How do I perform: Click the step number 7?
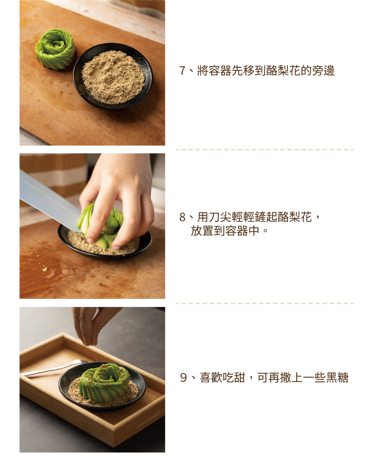click(x=182, y=71)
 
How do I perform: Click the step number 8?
click(x=182, y=217)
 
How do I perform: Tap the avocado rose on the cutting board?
click(x=55, y=49)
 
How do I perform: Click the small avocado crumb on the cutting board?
click(x=45, y=270)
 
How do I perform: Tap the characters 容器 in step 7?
click(x=220, y=71)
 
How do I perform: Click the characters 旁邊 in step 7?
click(x=323, y=71)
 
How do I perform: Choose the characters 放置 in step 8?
click(x=202, y=231)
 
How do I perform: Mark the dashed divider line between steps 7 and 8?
click(x=265, y=150)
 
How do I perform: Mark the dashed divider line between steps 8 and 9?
click(x=265, y=304)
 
